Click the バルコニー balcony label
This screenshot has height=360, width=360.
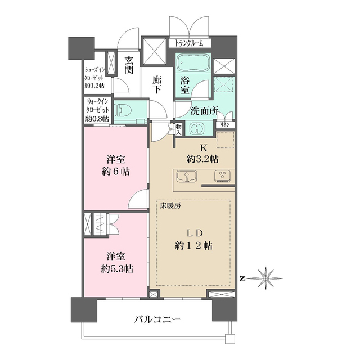(x=157, y=321)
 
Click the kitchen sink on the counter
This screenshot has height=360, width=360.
(x=185, y=176)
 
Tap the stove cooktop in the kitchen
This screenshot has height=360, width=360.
(x=222, y=176)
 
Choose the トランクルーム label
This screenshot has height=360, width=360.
(x=192, y=43)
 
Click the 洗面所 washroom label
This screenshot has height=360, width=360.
(x=204, y=111)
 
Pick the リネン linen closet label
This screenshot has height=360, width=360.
(x=224, y=124)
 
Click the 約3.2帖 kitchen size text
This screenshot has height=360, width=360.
(x=202, y=158)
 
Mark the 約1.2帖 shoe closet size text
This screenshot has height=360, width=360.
(x=95, y=85)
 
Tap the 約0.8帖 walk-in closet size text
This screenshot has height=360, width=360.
(x=96, y=119)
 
